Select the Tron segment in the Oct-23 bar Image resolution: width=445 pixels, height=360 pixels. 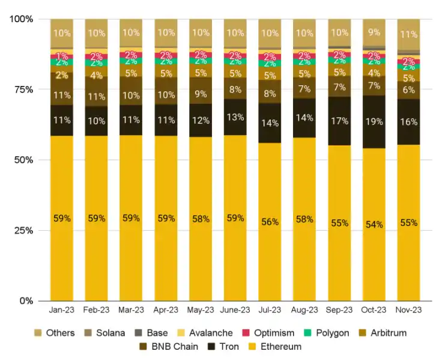pyautogui.click(x=374, y=121)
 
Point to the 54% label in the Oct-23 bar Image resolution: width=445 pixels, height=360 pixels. pyautogui.click(x=374, y=224)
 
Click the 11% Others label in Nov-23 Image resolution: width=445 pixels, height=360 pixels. pyautogui.click(x=408, y=34)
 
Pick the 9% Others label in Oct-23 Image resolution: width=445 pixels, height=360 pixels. pyautogui.click(x=374, y=33)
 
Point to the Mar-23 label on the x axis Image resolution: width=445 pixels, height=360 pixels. pyautogui.click(x=131, y=310)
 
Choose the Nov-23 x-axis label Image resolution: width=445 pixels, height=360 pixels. pyautogui.click(x=408, y=310)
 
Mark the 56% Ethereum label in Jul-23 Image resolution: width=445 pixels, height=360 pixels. pyautogui.click(x=270, y=222)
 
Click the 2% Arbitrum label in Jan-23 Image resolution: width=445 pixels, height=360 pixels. pyautogui.click(x=61, y=75)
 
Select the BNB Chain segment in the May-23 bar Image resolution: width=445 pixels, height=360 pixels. pyautogui.click(x=200, y=94)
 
